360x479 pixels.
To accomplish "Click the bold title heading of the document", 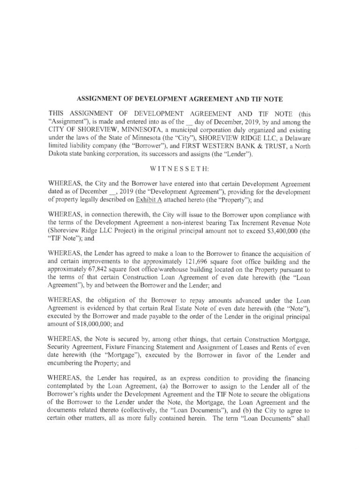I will tap(180, 99).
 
